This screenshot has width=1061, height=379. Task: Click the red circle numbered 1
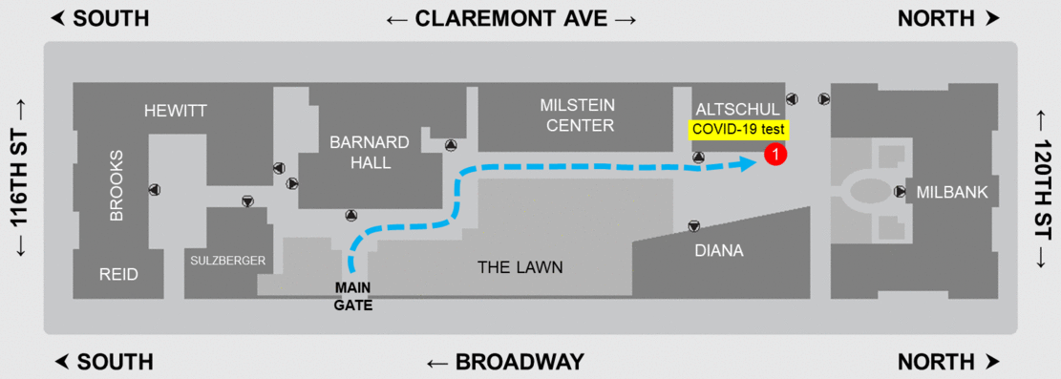tap(776, 153)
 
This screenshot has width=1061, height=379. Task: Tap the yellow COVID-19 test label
tap(737, 129)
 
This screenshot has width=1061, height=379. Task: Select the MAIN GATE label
tap(353, 296)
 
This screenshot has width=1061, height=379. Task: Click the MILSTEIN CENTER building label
tap(577, 115)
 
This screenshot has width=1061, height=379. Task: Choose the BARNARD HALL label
tap(370, 153)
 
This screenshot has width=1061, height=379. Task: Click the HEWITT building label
tap(175, 111)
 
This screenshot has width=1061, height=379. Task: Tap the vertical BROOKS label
tap(117, 185)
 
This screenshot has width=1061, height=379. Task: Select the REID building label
tap(118, 275)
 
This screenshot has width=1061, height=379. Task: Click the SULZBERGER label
tap(227, 260)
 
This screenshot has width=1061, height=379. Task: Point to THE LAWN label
tap(520, 267)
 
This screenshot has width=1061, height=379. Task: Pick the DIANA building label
tap(719, 251)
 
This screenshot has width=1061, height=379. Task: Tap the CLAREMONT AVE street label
tap(511, 19)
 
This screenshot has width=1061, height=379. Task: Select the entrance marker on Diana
tap(693, 226)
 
